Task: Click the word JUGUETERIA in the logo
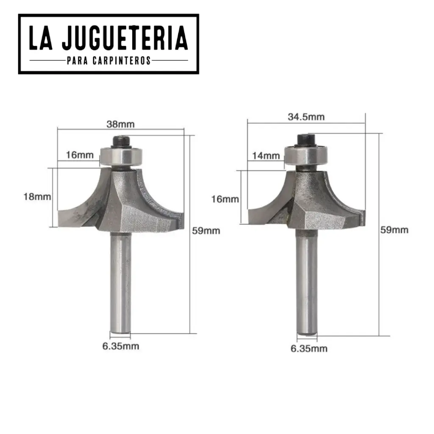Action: [125, 38]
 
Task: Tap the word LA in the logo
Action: [41, 38]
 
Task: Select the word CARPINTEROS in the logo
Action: [121, 61]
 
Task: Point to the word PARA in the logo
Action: [78, 61]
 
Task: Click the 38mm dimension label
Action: [120, 124]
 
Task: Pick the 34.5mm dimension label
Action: [306, 117]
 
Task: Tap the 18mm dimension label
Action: [37, 197]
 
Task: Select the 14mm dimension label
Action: [266, 156]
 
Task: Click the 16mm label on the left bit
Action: [80, 155]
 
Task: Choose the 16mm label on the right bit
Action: [225, 199]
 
